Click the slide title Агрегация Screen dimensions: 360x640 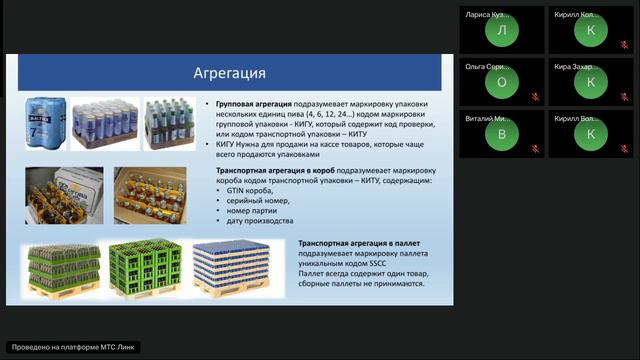(229, 74)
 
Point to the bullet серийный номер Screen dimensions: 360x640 (255, 201)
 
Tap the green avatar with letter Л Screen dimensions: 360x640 (501, 31)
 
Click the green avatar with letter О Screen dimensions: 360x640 (501, 83)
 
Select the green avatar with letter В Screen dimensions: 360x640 (501, 134)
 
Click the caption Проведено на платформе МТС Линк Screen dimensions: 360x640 (73, 347)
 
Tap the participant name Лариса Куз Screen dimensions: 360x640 (487, 15)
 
